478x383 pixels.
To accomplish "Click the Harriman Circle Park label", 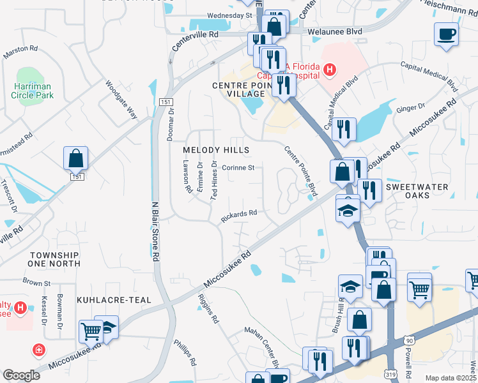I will (32, 90).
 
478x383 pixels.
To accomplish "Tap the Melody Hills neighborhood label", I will (216, 150).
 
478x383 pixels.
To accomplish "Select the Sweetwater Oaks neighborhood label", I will (426, 191).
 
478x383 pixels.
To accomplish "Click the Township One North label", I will (54, 259).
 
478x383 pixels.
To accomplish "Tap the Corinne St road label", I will (238, 168).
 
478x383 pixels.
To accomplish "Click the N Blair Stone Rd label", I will (155, 232).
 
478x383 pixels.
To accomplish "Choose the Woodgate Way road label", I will (121, 100).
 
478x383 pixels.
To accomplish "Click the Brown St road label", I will (36, 282).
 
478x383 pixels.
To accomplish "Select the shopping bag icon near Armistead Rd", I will (75, 158).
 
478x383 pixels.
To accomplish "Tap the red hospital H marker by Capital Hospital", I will (330, 69).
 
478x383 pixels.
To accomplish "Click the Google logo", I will (21, 375).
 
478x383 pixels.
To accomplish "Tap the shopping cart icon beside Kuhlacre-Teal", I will (90, 331).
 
